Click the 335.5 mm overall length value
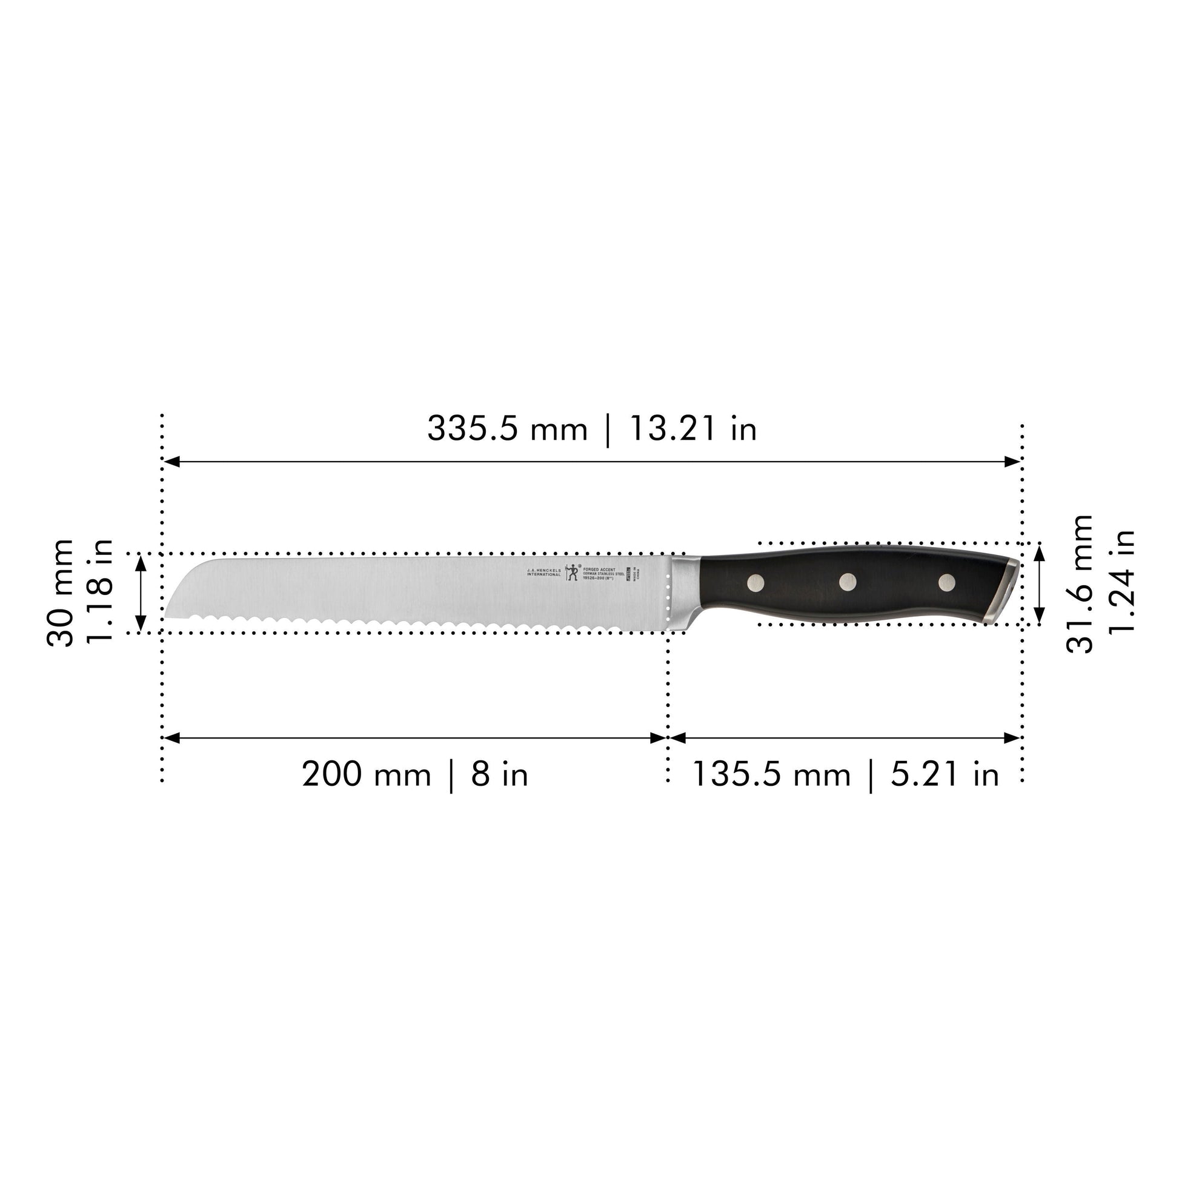pos(506,428)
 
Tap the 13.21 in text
pos(692,428)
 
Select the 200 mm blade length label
pos(366,775)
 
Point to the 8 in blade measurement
pos(499,775)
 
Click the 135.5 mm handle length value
pos(771,775)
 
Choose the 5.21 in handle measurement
pos(945,775)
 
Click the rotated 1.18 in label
pos(99,590)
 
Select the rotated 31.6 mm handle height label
pos(1079,584)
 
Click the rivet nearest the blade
pos(756,583)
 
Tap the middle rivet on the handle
pos(848,582)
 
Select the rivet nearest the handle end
pos(946,582)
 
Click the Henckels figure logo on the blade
pos(572,573)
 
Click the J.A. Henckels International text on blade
pos(543,573)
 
